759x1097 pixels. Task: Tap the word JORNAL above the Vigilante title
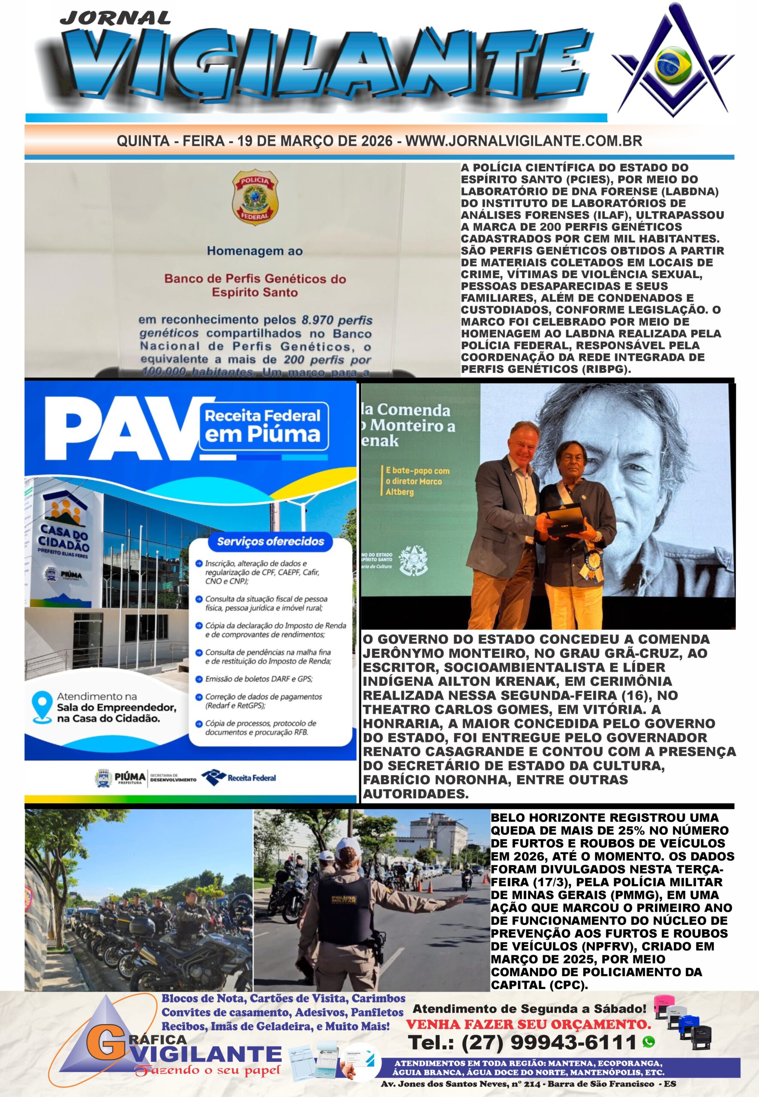pos(116,18)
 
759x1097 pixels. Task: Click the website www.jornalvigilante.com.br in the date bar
pos(524,141)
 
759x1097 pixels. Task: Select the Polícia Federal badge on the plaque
pos(255,197)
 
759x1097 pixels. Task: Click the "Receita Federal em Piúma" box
pos(264,426)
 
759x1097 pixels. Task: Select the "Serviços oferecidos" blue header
pos(270,541)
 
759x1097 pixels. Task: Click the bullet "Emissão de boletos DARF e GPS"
pos(259,678)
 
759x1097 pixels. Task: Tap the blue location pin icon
pos(42,707)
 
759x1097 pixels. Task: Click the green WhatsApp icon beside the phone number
pos(648,1042)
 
